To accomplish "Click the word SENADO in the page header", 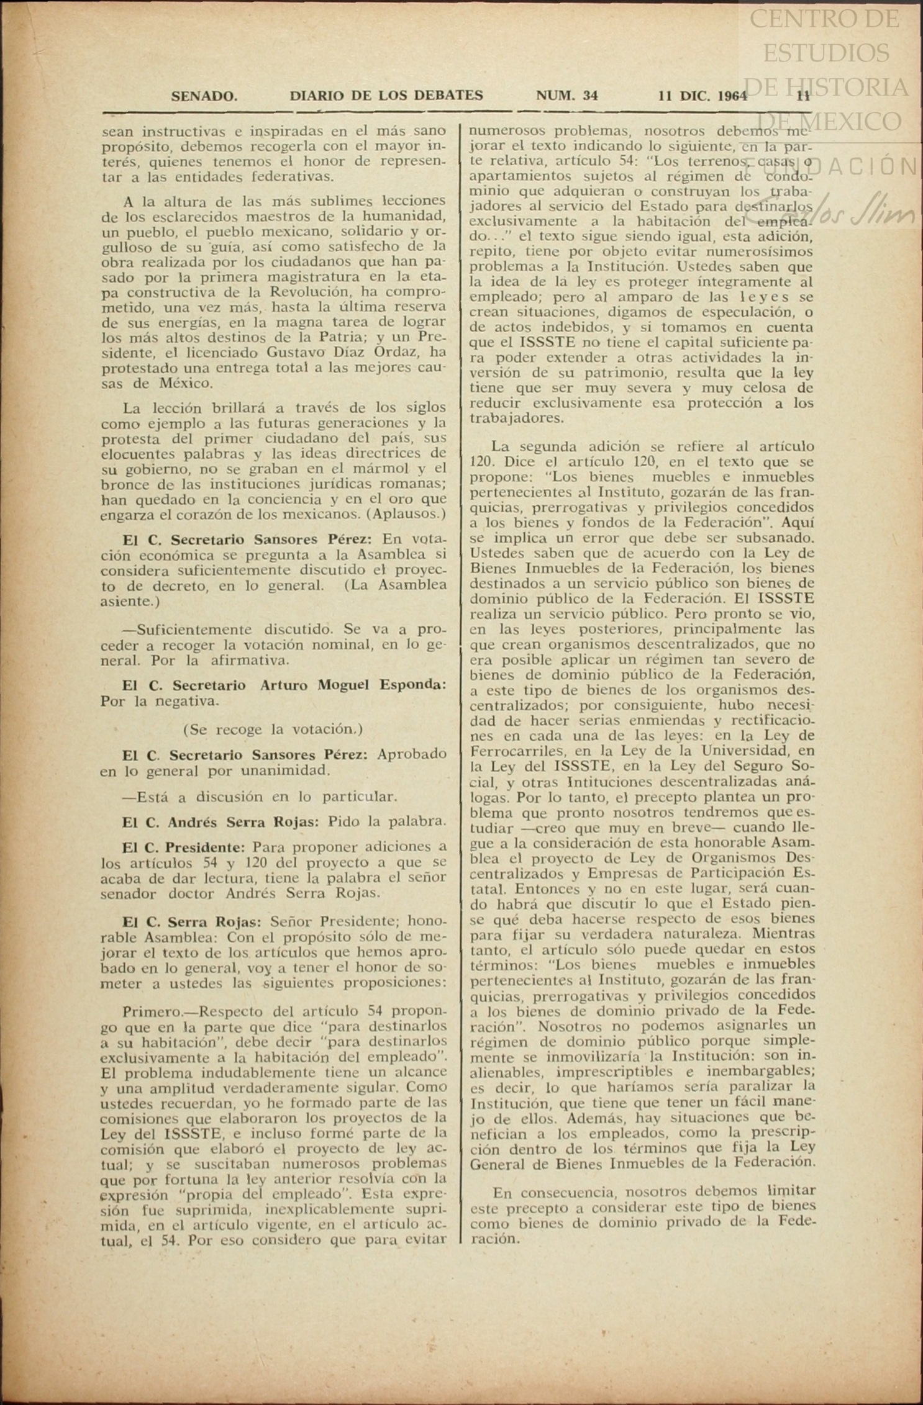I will coord(204,96).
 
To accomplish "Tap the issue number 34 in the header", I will coord(590,96).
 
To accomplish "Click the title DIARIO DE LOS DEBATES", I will coord(386,96).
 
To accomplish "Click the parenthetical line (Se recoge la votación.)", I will coord(273,729).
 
